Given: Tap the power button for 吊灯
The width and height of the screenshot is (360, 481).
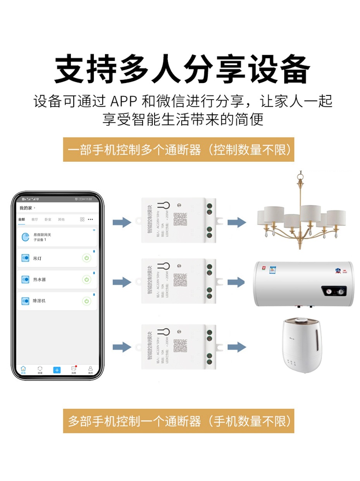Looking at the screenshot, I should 86,258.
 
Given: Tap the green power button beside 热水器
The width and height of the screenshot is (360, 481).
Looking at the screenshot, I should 86,279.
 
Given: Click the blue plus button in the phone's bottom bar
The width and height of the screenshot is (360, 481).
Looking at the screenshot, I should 57,370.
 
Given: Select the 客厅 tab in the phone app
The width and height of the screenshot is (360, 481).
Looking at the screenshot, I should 35,220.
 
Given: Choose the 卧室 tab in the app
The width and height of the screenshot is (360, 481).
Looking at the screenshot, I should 48,220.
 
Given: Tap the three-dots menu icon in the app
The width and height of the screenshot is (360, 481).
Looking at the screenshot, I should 90,220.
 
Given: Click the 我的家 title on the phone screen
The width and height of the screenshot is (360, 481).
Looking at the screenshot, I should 26,208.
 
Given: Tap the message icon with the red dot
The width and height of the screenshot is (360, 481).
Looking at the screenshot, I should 74,369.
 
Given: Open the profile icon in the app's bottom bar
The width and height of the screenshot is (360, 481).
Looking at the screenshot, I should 90,369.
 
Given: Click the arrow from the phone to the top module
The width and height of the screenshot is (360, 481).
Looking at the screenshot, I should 122,222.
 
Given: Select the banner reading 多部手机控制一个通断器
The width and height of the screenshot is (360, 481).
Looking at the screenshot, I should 179,421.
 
